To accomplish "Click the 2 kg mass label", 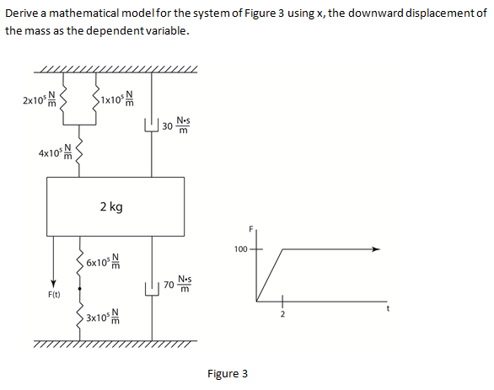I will coord(110,206).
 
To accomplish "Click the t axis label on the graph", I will coord(387,308).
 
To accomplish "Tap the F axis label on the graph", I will coord(250,229).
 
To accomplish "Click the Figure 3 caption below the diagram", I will coord(227,373).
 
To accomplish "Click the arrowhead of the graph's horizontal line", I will coord(377,249).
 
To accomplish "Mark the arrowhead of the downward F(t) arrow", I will coord(53,282).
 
